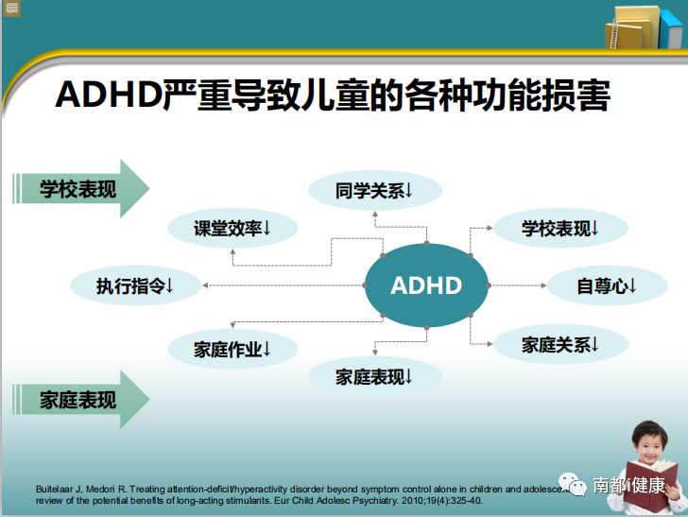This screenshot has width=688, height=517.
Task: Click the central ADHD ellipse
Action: click(x=426, y=284)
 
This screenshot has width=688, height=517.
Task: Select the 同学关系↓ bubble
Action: click(x=374, y=191)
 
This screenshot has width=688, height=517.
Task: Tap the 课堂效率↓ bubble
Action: click(x=232, y=229)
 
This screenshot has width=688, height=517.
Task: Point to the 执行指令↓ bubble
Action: click(x=135, y=285)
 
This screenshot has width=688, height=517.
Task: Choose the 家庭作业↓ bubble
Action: click(x=232, y=349)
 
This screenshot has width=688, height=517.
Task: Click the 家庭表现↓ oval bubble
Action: click(x=374, y=377)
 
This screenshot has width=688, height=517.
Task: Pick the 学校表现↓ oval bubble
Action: click(x=560, y=229)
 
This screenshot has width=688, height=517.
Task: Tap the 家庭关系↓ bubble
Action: click(x=560, y=345)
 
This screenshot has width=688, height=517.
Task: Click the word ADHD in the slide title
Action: click(x=105, y=96)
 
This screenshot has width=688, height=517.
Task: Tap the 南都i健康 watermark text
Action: click(x=628, y=486)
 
